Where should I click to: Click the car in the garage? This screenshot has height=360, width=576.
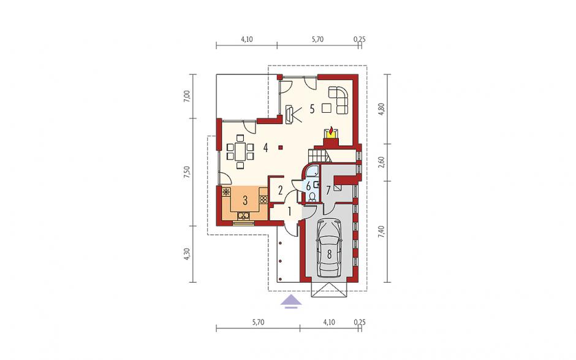pos(329,249)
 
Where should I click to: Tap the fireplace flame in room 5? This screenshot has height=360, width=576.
pos(332,131)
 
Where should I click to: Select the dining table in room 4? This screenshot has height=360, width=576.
pos(240,151)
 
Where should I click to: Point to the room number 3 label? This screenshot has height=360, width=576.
pos(245,201)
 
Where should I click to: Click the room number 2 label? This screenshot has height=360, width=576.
pos(280,191)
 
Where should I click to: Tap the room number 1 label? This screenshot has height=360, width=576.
pos(289,212)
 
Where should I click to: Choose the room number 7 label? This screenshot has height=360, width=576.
pos(329,190)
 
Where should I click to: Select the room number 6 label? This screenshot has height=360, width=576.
pos(309,185)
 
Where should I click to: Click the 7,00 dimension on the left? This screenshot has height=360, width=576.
pos(188,97)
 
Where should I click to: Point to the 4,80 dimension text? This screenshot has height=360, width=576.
pos(381,109)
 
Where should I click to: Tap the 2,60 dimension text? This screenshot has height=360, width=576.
pos(381,162)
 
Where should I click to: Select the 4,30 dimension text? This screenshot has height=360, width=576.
pos(188,255)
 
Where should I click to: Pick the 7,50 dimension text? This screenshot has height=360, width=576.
pos(188,172)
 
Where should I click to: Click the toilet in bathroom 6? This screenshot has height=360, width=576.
pos(312,197)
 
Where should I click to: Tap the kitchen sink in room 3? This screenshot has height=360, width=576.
pos(243,215)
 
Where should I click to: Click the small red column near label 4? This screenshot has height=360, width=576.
pos(281,147)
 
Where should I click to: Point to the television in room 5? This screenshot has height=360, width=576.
pos(289,114)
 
